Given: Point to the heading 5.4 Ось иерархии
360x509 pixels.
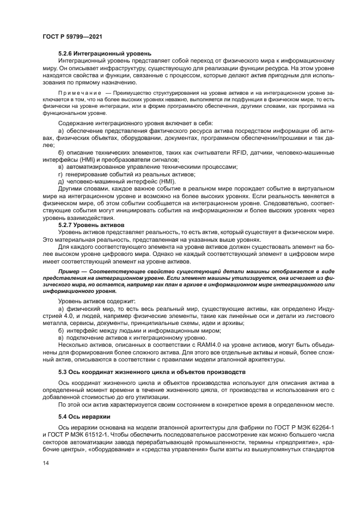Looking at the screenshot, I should pos(83,416).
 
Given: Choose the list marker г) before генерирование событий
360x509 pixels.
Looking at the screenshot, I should pos(60,174).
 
